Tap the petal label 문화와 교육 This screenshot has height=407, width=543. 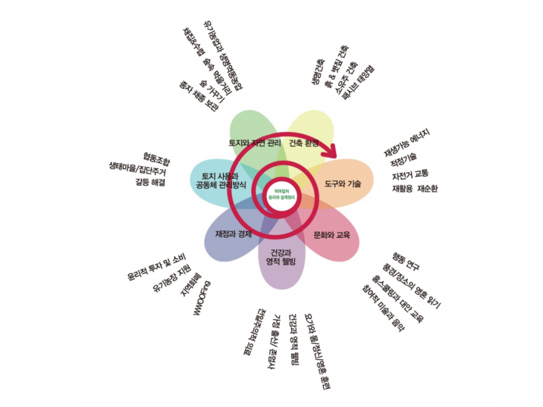pyautogui.click(x=331, y=235)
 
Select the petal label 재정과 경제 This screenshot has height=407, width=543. pyautogui.click(x=233, y=233)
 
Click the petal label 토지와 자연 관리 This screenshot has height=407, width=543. pyautogui.click(x=255, y=143)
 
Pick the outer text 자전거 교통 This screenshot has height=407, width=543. pyautogui.click(x=410, y=174)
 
